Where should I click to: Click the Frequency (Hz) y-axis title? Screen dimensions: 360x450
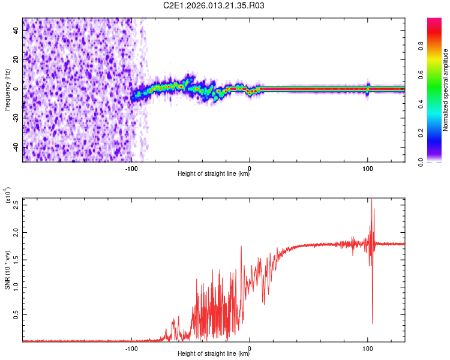tap(7, 89)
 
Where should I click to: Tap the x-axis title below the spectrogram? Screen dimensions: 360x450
tap(214, 174)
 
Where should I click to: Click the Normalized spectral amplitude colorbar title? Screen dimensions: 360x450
tap(446, 90)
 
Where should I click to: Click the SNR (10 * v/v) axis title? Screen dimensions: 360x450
tap(7, 270)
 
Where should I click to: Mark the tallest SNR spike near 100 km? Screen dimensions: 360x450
tap(371, 200)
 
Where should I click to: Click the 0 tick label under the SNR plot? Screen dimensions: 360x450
tap(250, 348)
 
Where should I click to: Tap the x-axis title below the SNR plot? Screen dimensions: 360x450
tap(214, 354)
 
